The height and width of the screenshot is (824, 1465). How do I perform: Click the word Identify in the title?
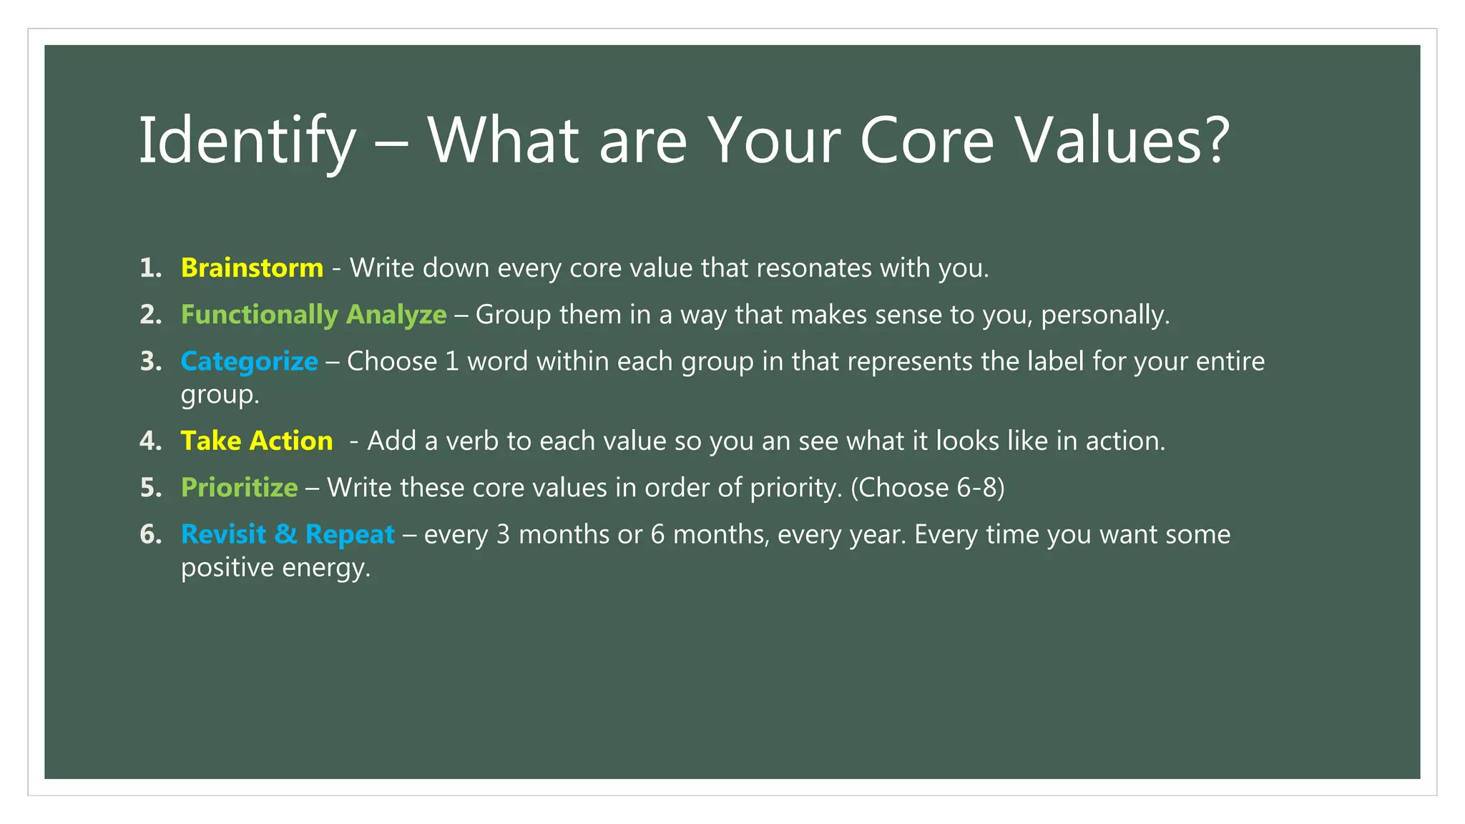coord(246,142)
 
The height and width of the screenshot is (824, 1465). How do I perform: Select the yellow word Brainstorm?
coord(252,268)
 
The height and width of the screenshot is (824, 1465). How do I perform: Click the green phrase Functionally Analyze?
coord(313,315)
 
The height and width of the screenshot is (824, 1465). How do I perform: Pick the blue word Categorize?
coord(249,361)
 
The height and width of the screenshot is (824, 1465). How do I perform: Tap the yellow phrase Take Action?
coord(256,441)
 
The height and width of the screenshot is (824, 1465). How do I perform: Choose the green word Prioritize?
coord(239,487)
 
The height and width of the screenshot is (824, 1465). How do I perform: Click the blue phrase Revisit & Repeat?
coord(288,534)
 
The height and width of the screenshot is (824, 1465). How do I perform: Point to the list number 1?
coord(150,268)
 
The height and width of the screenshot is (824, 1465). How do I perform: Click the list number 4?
coord(150,441)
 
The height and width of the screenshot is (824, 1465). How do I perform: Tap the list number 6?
coord(150,534)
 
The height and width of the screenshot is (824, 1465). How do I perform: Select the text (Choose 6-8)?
coord(927,487)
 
